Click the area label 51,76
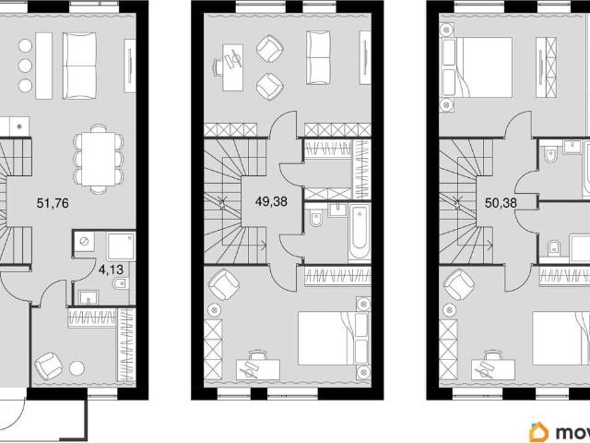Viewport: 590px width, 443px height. click(x=53, y=203)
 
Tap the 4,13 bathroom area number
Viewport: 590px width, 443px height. click(x=111, y=269)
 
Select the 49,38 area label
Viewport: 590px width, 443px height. click(x=271, y=201)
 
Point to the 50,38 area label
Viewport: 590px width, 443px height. click(x=501, y=203)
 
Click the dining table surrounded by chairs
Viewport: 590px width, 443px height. click(x=99, y=159)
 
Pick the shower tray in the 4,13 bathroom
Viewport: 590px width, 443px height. click(x=121, y=246)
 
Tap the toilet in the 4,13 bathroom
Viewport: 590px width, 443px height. click(x=121, y=283)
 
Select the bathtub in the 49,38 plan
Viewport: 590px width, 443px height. click(x=360, y=232)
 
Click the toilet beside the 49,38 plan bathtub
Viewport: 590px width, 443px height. click(x=316, y=219)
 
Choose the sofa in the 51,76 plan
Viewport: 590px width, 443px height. click(x=79, y=66)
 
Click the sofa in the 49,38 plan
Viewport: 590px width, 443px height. click(x=318, y=57)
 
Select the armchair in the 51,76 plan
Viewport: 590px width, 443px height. click(x=49, y=366)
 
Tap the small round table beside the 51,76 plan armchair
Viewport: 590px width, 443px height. click(x=77, y=368)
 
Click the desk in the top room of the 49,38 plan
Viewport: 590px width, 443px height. click(x=232, y=67)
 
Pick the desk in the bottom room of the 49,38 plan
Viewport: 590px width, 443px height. click(x=258, y=369)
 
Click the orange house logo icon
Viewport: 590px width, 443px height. click(x=538, y=432)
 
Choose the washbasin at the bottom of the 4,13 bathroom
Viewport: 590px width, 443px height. click(x=88, y=297)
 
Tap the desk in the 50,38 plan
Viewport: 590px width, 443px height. click(x=493, y=369)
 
